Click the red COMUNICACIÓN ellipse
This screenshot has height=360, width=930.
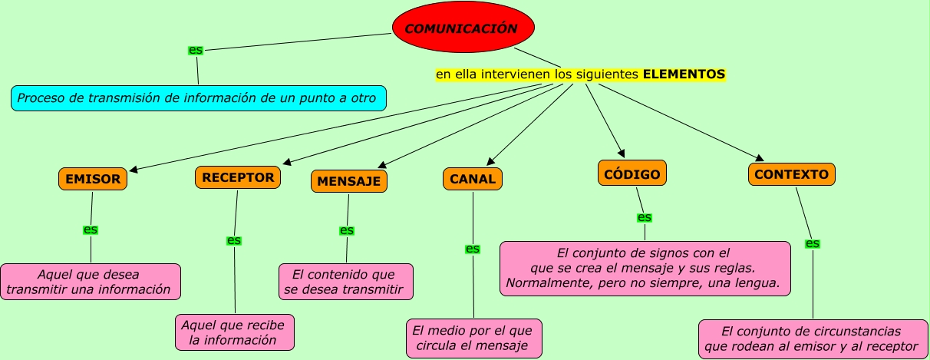(463, 28)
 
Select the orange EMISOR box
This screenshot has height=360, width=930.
(93, 179)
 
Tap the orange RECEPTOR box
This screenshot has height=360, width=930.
(238, 177)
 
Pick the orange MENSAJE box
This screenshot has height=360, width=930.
(349, 181)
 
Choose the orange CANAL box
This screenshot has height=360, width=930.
(473, 179)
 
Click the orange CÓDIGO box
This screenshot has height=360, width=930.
(632, 173)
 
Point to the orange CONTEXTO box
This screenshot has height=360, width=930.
(791, 174)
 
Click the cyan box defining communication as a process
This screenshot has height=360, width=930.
(198, 98)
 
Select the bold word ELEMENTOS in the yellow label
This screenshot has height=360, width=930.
(684, 74)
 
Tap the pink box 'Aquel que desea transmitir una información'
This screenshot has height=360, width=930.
(91, 282)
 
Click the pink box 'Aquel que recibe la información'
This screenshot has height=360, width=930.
(235, 332)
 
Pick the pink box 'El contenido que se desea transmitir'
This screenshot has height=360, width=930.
(345, 282)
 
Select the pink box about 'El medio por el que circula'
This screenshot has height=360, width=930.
(474, 339)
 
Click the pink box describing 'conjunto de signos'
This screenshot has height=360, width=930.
(645, 268)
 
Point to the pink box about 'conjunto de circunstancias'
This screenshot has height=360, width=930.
(813, 339)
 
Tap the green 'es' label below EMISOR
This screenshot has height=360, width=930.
(91, 230)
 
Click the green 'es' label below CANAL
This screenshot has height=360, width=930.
(473, 249)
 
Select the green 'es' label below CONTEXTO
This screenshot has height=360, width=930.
(813, 243)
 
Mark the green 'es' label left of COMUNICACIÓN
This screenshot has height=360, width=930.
(196, 50)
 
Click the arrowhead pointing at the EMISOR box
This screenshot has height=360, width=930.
(132, 170)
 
